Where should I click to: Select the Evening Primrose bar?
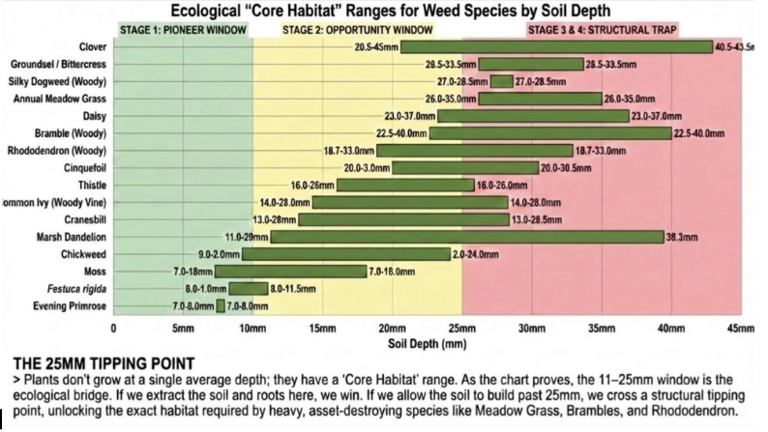click(x=221, y=306)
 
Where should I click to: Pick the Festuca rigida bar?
click(x=248, y=289)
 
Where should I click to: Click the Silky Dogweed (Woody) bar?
click(x=501, y=81)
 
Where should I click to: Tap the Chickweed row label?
click(x=81, y=254)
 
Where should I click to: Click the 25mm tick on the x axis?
click(x=461, y=330)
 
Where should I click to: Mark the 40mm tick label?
click(x=670, y=330)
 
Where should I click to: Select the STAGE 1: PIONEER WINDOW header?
click(x=183, y=29)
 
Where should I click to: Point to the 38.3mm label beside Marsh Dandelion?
click(x=683, y=237)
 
